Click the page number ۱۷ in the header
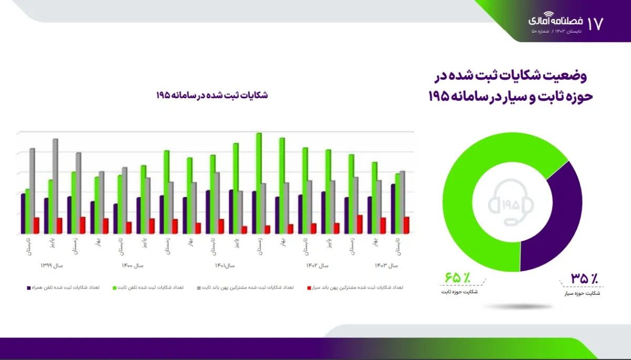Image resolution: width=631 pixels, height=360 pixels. click(595, 23)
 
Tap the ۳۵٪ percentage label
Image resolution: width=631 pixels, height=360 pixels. click(584, 278)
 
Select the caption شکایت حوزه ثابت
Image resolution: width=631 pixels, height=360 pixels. click(460, 291)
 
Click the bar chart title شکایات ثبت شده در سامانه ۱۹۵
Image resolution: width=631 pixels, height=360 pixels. click(211, 95)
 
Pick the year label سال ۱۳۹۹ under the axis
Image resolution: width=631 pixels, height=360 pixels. click(52, 266)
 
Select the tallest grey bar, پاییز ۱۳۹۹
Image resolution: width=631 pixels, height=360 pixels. click(55, 186)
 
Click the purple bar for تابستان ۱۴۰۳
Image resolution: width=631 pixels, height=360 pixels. click(393, 209)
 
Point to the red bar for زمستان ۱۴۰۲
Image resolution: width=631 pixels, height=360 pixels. click(360, 224)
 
